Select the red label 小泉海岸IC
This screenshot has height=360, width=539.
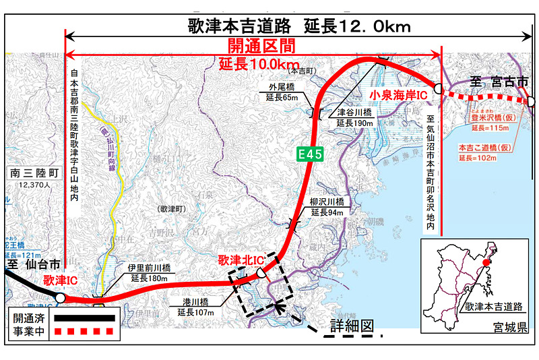399,96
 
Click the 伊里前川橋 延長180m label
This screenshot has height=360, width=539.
150,272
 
